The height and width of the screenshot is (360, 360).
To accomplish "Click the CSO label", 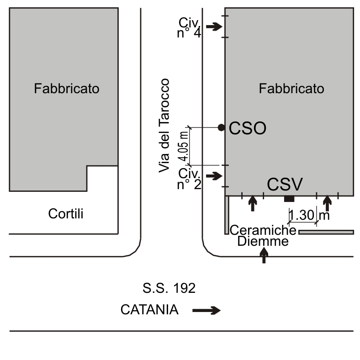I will pyautogui.click(x=247, y=128).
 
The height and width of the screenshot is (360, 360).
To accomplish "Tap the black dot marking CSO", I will pyautogui.click(x=221, y=127).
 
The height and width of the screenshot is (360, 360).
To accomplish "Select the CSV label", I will pyautogui.click(x=285, y=185).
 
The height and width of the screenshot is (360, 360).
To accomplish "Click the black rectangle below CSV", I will pyautogui.click(x=289, y=198).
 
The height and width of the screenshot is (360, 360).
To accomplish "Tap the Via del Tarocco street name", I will pyautogui.click(x=164, y=126).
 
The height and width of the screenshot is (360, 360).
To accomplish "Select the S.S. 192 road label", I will pyautogui.click(x=169, y=288).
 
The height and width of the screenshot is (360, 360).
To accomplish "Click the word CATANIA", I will pyautogui.click(x=149, y=310).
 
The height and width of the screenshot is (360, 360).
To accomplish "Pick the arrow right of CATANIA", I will pyautogui.click(x=206, y=311).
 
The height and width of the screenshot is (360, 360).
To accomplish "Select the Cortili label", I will pyautogui.click(x=66, y=213).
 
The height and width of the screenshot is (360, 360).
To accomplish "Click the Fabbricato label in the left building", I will pyautogui.click(x=66, y=89).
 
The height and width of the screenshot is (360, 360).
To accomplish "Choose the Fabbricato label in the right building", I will pyautogui.click(x=291, y=89).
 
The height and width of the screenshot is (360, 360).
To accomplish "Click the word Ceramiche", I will pyautogui.click(x=263, y=230).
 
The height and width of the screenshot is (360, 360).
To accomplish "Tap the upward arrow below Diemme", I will pyautogui.click(x=264, y=255).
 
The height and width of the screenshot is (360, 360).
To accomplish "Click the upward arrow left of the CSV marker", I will pyautogui.click(x=252, y=203).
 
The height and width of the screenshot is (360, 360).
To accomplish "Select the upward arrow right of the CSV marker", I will pyautogui.click(x=327, y=203).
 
